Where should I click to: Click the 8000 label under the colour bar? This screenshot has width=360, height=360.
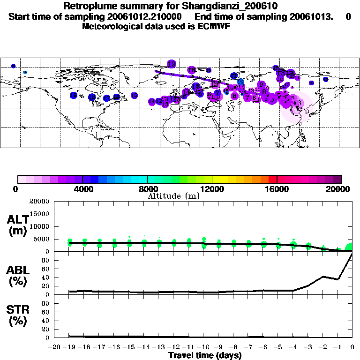(147, 189)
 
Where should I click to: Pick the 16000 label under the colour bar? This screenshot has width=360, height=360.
(277, 189)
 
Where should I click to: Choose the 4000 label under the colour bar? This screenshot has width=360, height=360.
(82, 189)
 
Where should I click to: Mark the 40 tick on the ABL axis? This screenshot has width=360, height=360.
(46, 277)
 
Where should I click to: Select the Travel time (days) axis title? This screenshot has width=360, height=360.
(205, 356)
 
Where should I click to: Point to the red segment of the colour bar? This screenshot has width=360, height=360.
(273, 179)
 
